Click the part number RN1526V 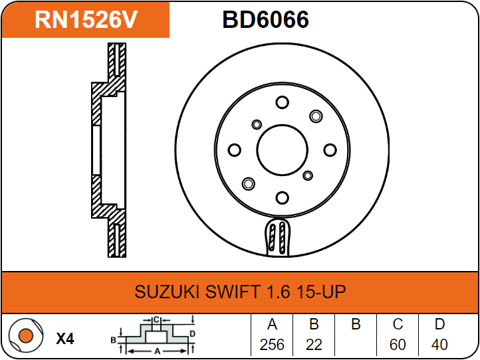click(x=86, y=20)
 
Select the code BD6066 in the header click(x=265, y=20)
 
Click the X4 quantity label click(x=64, y=339)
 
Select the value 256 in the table click(x=271, y=345)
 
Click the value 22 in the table click(x=314, y=345)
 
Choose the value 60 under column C click(x=398, y=345)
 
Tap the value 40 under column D click(x=439, y=345)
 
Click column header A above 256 click(x=271, y=325)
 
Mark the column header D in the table click(x=439, y=325)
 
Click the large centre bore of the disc click(x=282, y=149)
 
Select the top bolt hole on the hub click(x=282, y=102)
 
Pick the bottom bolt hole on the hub click(x=282, y=198)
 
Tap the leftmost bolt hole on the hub click(x=234, y=150)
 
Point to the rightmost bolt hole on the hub click(x=330, y=150)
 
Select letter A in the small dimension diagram click(x=157, y=350)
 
